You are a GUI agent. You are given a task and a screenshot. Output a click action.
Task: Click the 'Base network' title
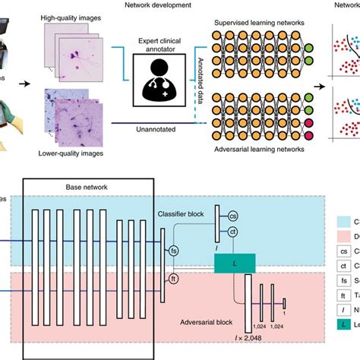pos(90,185)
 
